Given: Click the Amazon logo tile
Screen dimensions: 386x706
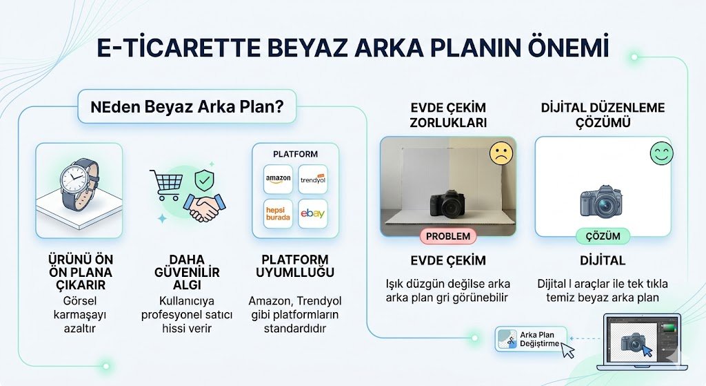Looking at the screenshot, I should [279, 178].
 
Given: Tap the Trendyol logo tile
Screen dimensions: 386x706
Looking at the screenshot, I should [313, 179].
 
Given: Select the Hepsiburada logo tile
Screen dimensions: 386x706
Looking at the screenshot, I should [279, 213].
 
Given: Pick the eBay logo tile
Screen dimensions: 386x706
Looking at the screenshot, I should [313, 213].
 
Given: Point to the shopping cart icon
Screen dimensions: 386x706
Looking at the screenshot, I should [166, 184].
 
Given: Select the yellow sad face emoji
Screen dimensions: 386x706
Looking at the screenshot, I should [501, 153].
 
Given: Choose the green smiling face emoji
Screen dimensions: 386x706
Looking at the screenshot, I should [660, 153].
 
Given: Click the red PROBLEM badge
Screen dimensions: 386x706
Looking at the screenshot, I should [448, 236].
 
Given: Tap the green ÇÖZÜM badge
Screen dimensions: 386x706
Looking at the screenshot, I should [603, 236].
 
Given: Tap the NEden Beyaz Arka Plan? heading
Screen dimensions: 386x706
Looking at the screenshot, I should [188, 107].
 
